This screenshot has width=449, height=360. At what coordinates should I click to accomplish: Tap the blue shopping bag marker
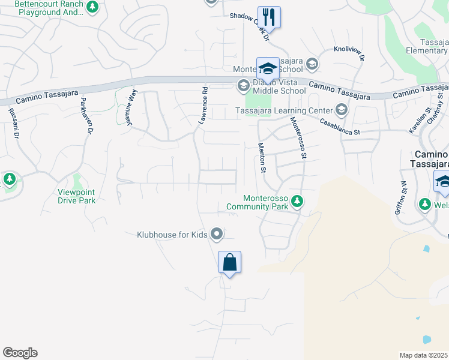(x=229, y=262)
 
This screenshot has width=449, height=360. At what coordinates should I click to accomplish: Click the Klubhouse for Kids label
(x=171, y=235)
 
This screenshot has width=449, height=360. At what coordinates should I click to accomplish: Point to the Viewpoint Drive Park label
(x=76, y=196)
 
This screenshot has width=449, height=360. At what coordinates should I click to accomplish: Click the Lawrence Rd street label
(x=203, y=106)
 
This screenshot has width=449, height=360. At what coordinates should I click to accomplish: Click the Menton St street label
(x=262, y=158)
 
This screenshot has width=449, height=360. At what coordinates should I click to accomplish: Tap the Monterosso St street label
(x=298, y=137)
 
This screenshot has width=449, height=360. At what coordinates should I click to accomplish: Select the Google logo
(x=20, y=353)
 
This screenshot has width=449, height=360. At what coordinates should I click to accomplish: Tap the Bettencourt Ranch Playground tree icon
(x=92, y=7)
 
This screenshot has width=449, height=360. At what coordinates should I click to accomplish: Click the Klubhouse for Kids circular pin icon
(x=217, y=234)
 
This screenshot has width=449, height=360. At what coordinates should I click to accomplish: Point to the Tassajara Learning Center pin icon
(x=341, y=110)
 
